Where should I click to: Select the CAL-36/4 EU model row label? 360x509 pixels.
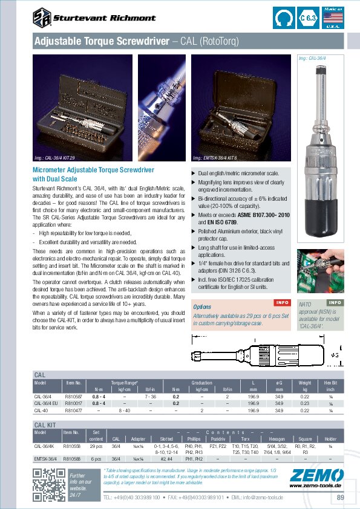click(x=46, y=403)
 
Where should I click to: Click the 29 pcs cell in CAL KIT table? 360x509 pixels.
click(x=96, y=446)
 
